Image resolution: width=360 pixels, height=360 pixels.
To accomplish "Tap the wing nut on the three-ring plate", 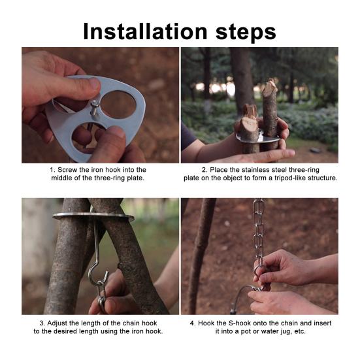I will click(x=96, y=105).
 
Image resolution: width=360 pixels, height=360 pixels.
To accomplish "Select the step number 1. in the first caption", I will click(x=53, y=169).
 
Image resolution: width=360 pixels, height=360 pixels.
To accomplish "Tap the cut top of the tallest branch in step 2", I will click(x=270, y=86).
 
